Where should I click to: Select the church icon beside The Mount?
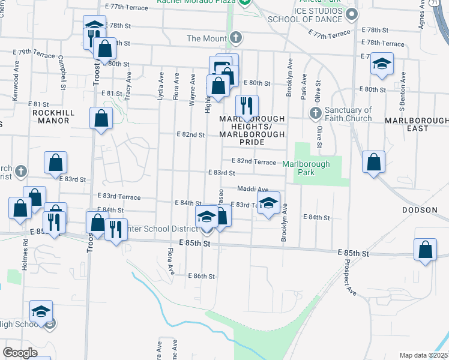pyautogui.click(x=237, y=38)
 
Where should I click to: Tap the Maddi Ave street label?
pyautogui.click(x=253, y=189)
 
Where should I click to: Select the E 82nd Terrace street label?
pyautogui.click(x=254, y=162)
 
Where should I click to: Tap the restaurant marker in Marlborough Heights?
pyautogui.click(x=247, y=107)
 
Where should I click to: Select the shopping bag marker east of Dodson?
pyautogui.click(x=425, y=250)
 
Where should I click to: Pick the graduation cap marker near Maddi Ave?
pyautogui.click(x=269, y=202)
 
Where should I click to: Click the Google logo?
pyautogui.click(x=21, y=353)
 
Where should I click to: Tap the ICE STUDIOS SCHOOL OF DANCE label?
pyautogui.click(x=318, y=14)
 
